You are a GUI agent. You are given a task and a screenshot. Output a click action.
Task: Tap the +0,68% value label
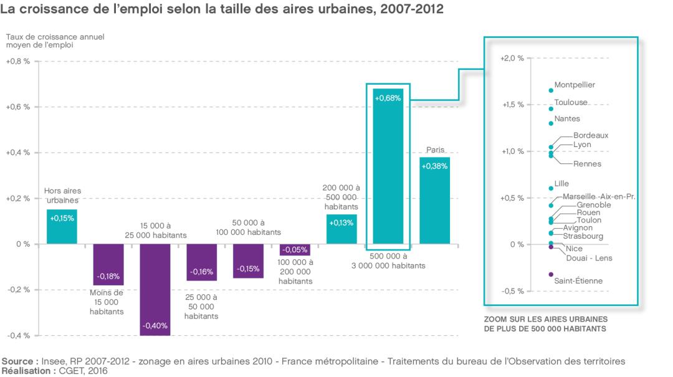(x=388, y=98)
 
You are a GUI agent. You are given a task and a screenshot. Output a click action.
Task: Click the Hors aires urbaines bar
(x=62, y=227)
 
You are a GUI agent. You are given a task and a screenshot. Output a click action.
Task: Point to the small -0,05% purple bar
(x=295, y=250)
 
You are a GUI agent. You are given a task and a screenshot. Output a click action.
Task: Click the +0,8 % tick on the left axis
(x=18, y=62)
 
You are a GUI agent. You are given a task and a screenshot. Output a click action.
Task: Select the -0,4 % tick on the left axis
(x=18, y=336)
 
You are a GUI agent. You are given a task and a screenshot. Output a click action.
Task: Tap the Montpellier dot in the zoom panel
(x=551, y=90)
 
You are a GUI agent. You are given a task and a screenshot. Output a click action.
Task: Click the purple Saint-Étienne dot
(x=551, y=274)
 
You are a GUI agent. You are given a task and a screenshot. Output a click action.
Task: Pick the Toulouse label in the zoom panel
(x=571, y=102)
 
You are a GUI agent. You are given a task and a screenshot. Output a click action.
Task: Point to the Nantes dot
(x=551, y=123)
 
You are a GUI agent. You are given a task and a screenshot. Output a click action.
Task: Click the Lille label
(x=561, y=184)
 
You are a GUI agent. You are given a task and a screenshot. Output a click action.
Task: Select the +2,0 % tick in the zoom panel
(x=512, y=59)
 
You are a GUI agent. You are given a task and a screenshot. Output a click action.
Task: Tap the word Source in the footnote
(x=20, y=361)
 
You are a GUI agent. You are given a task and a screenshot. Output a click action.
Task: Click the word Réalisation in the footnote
(x=27, y=370)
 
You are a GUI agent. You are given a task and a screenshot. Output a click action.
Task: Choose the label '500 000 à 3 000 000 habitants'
(x=388, y=260)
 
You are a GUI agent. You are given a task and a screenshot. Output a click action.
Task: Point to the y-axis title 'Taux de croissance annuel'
(x=55, y=37)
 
